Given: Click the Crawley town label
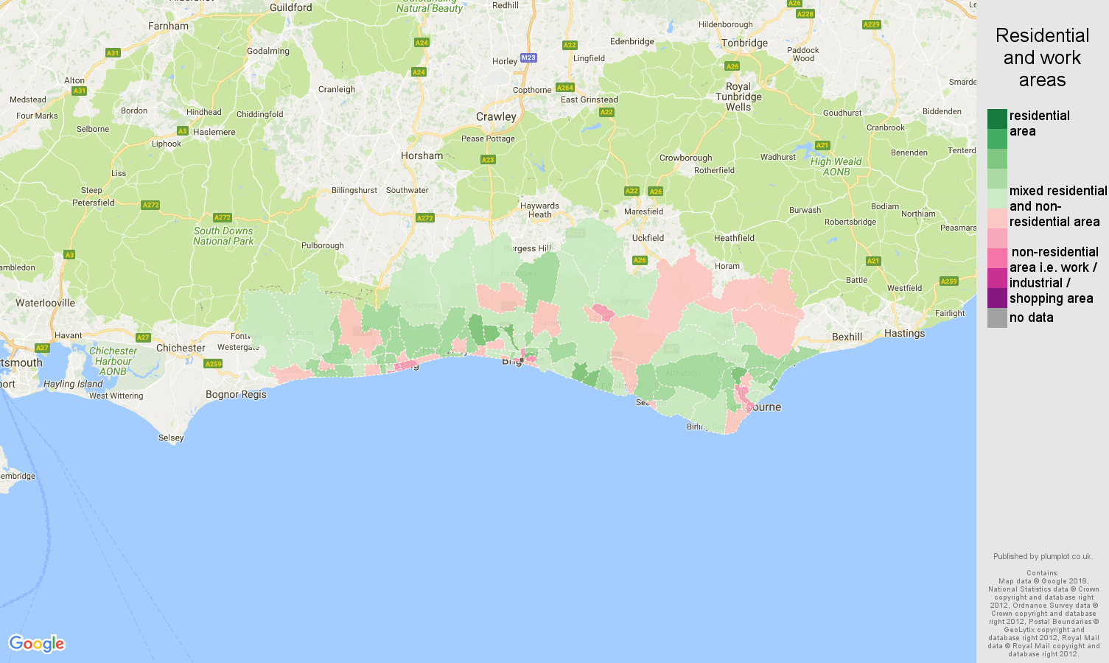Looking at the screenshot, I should [496, 116].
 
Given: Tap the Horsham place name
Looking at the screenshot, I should [421, 155].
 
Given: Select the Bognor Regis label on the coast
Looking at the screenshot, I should [236, 394].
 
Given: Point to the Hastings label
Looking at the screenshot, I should [904, 333].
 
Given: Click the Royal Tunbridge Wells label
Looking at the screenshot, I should [738, 97].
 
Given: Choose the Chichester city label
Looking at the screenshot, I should [181, 348].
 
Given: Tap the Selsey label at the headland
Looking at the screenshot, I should [171, 438].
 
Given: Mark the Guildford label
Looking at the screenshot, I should [290, 7].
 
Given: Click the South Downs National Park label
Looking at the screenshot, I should [223, 236].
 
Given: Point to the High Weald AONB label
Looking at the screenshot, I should [836, 166].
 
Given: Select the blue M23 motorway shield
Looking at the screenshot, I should [528, 57].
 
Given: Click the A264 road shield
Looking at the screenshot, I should [565, 88].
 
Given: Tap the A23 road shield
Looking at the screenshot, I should [488, 160].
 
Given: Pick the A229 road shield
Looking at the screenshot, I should [871, 24].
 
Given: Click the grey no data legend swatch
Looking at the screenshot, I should [997, 318].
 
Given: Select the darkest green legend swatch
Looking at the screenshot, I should [997, 119].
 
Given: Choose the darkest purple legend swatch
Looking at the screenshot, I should [997, 298].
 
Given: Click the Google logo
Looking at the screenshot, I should [37, 644].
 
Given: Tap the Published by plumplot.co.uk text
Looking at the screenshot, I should [1042, 556].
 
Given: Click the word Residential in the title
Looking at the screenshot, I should [1042, 35].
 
